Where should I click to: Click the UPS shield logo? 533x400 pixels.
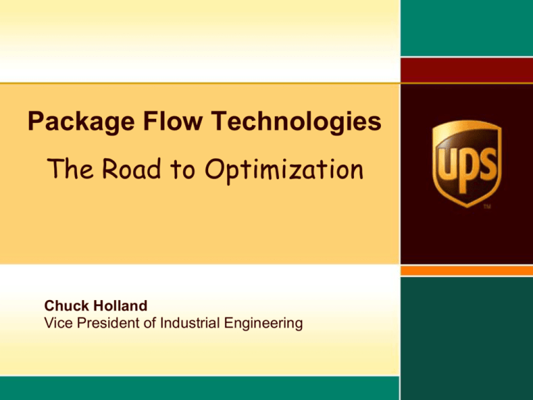466,164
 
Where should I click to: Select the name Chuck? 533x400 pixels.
65,306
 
